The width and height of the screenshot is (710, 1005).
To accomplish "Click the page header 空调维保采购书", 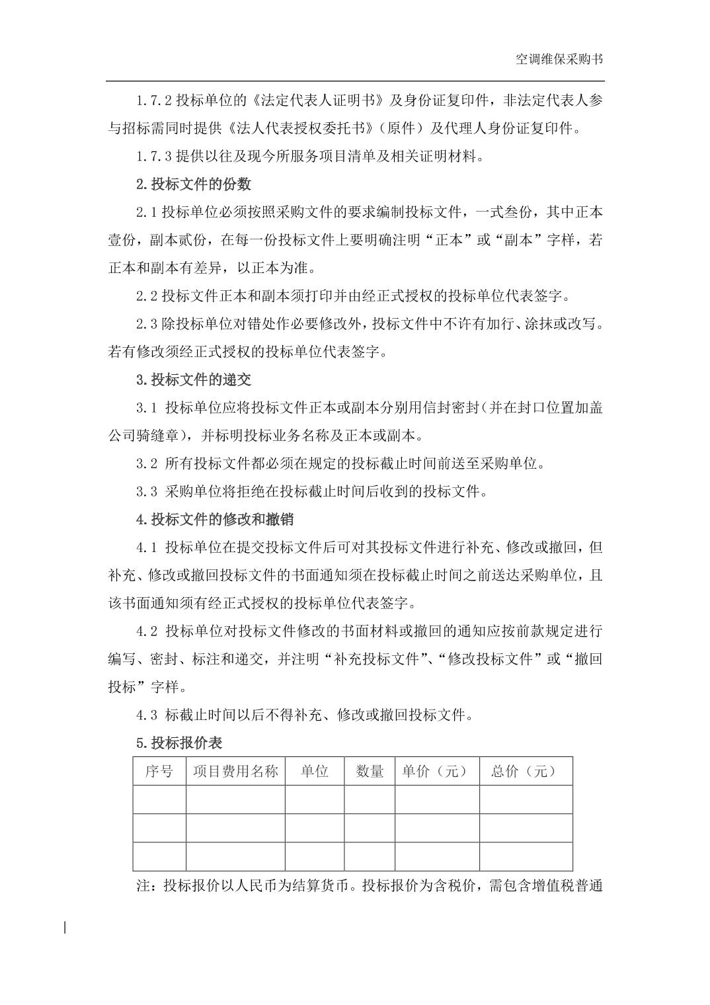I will (559, 60).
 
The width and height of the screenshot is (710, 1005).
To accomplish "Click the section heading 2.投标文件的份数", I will (193, 184).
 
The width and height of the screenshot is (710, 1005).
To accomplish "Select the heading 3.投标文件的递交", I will (193, 380).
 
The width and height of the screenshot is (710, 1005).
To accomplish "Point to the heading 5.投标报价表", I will (178, 743).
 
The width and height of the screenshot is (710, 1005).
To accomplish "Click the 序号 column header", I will (159, 771).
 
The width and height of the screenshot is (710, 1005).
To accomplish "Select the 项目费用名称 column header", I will (235, 771).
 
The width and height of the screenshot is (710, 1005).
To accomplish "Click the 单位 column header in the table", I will (315, 771).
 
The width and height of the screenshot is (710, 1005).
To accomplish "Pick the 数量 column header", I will (370, 771).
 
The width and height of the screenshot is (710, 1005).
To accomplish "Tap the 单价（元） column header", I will (437, 771).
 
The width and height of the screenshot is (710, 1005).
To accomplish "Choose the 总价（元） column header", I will (526, 771).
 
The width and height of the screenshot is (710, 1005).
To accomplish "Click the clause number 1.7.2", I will (154, 100).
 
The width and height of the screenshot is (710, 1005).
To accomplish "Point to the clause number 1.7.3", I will (154, 156).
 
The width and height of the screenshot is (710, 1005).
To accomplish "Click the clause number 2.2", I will (147, 296).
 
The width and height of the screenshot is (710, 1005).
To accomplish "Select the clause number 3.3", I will (147, 491).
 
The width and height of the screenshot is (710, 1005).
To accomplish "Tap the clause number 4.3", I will (147, 715).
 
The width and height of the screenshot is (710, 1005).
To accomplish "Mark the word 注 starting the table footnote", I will (143, 885).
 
